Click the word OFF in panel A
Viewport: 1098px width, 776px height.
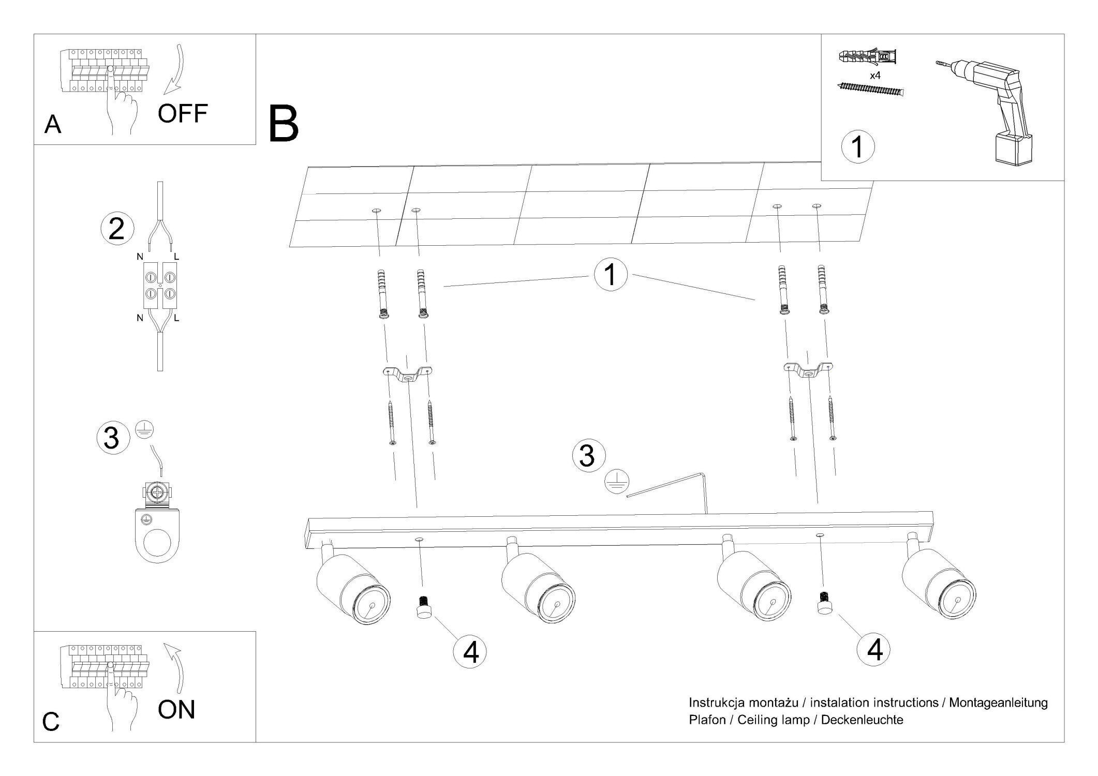[182, 113]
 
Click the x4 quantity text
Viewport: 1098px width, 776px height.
[875, 76]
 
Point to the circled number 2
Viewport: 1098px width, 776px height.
[117, 229]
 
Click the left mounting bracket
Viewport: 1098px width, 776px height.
[407, 375]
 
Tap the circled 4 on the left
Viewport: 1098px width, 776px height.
[470, 652]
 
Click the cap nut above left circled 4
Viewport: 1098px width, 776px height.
[423, 607]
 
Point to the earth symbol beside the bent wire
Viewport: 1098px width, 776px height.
[617, 481]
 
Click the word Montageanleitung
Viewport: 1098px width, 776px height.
[998, 703]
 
